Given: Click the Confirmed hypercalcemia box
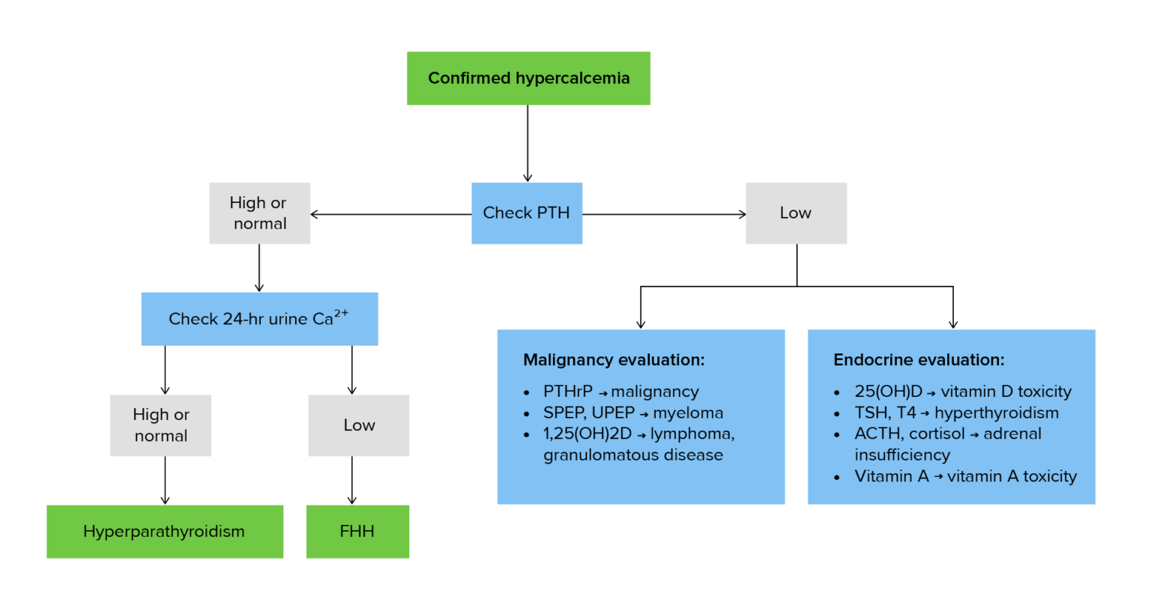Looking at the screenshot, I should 528,78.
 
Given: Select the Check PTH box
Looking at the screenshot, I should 526,213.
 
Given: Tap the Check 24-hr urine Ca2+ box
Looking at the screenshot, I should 259,319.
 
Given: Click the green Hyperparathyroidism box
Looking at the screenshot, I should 164,532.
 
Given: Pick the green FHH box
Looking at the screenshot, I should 357,532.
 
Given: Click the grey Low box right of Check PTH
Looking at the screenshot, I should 795,213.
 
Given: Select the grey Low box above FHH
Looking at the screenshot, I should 358,425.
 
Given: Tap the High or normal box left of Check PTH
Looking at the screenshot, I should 259,213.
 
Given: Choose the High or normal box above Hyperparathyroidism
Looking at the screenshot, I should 160,425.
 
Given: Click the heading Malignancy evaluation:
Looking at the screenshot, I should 614,360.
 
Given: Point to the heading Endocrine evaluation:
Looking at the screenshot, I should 919,360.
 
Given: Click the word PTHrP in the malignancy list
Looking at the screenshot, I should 567,392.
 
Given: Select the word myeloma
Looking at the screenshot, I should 688,413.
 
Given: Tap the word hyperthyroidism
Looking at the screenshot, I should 997,413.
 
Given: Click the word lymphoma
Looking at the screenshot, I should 692,434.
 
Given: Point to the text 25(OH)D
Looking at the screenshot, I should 888,392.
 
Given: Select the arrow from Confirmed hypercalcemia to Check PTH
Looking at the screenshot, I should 528,142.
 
